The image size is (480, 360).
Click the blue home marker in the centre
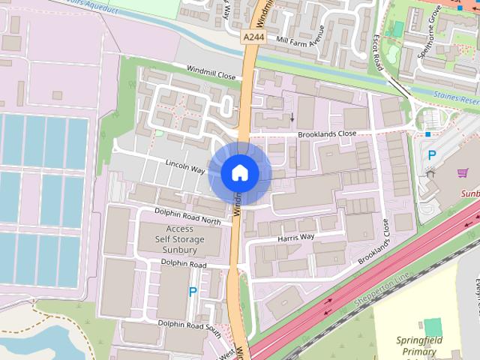(x=240, y=172)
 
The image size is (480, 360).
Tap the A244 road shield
(x=253, y=35)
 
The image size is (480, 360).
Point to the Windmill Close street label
(x=211, y=73)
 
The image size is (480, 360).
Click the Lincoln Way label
(x=185, y=166)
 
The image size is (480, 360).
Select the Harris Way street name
(x=295, y=238)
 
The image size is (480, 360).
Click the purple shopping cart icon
(x=463, y=173)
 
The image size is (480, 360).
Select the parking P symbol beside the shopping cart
(x=431, y=155)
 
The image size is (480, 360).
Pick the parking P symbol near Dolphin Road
(x=193, y=292)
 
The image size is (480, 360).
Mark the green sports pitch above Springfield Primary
(x=433, y=327)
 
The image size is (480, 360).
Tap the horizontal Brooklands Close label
(x=326, y=133)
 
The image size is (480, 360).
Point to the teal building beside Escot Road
(x=397, y=28)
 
